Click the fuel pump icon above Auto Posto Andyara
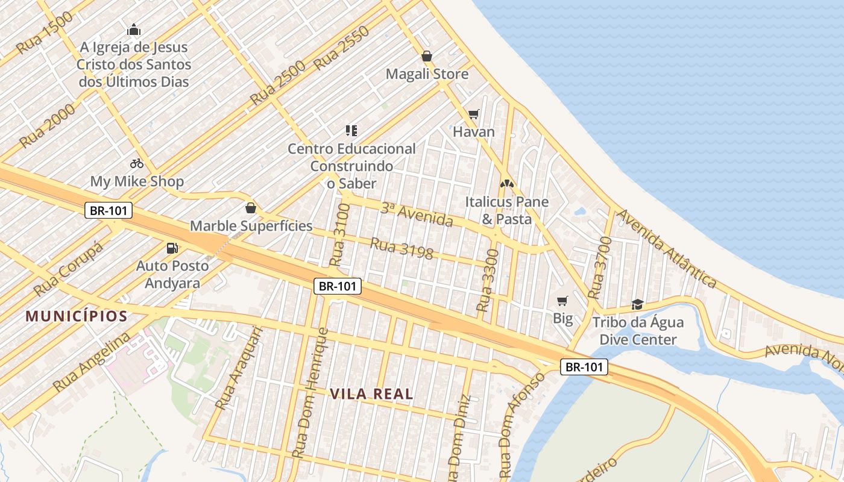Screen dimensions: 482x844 (172, 248)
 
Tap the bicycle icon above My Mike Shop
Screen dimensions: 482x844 (137, 163)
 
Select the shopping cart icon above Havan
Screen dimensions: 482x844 (474, 114)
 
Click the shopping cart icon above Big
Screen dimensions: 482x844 (562, 301)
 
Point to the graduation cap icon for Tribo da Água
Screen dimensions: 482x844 (637, 304)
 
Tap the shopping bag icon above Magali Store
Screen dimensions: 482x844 (427, 56)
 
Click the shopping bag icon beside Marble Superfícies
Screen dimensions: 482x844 (251, 208)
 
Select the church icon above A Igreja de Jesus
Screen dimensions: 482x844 (134, 30)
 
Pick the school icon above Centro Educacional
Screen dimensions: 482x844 (351, 130)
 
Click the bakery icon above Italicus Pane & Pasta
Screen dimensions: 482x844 (506, 183)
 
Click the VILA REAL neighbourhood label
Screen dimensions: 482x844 (371, 394)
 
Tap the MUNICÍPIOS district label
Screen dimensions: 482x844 (77, 316)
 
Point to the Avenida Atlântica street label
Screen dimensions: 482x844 (667, 248)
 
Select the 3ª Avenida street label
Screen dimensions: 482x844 (417, 214)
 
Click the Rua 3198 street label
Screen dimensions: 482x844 (402, 248)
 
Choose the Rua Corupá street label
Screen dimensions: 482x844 (68, 269)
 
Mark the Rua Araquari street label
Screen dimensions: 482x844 (239, 368)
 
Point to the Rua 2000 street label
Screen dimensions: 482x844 (47, 125)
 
